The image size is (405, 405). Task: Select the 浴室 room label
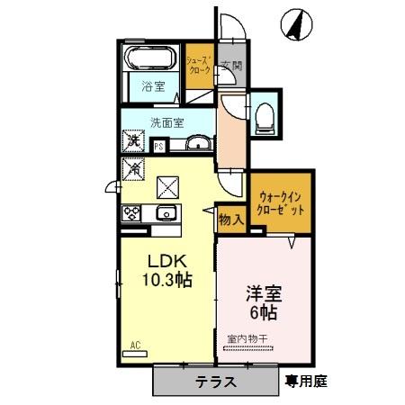tap(153, 87)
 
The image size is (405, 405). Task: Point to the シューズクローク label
tap(199, 65)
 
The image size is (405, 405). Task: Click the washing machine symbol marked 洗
tap(133, 141)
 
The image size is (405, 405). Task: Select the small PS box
tap(159, 146)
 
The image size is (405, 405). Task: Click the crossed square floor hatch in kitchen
tap(168, 187)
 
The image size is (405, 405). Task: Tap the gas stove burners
tap(132, 213)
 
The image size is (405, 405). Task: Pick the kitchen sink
tap(166, 213)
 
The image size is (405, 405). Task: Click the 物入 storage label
tap(229, 219)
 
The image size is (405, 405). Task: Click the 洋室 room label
tap(263, 293)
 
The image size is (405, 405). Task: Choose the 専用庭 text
tap(306, 381)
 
